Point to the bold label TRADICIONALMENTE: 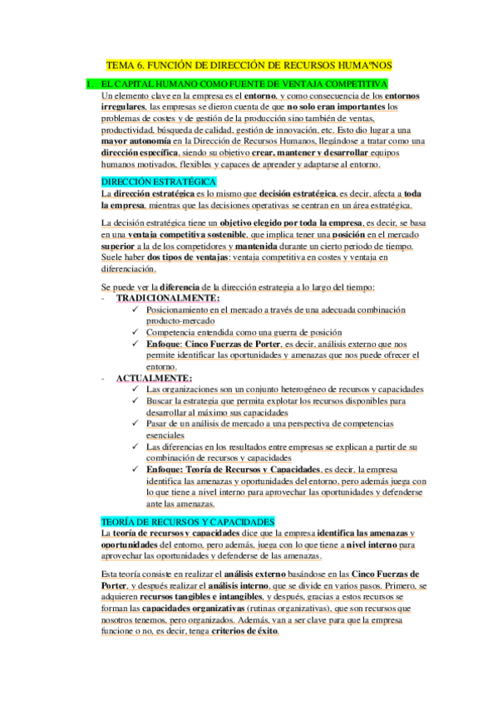[168, 298]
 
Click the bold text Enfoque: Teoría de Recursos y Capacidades [233, 469]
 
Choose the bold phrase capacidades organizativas [199, 608]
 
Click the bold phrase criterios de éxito [246, 630]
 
